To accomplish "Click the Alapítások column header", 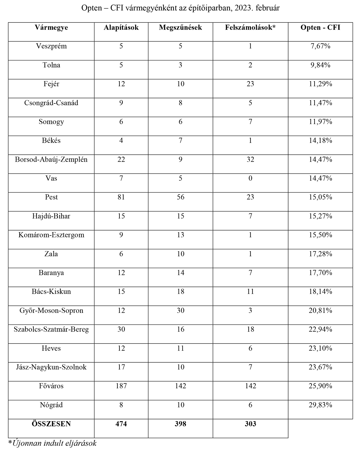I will pyautogui.click(x=121, y=28).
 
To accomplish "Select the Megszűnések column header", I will pyautogui.click(x=180, y=28).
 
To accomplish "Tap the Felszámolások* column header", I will pyautogui.click(x=250, y=28).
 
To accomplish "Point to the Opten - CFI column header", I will pyautogui.click(x=320, y=28).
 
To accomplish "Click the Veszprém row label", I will pyautogui.click(x=51, y=46).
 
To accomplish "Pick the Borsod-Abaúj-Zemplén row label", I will pyautogui.click(x=51, y=160).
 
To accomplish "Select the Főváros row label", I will pyautogui.click(x=51, y=386).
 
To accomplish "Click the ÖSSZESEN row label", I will pyautogui.click(x=51, y=424).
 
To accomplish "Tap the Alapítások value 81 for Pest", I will pyautogui.click(x=121, y=197).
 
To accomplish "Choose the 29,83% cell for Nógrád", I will pyautogui.click(x=320, y=405).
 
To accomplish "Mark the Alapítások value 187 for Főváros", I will pyautogui.click(x=121, y=386).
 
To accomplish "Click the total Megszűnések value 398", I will pyautogui.click(x=180, y=424).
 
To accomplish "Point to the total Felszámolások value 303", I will pyautogui.click(x=250, y=424).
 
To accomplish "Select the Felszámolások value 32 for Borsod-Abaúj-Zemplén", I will pyautogui.click(x=250, y=160).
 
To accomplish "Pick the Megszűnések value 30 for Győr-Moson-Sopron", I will pyautogui.click(x=180, y=311).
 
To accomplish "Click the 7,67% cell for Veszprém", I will pyautogui.click(x=320, y=46).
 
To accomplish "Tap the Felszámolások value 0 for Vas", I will pyautogui.click(x=250, y=179).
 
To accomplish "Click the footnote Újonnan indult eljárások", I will pyautogui.click(x=52, y=443).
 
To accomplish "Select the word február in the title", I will pyautogui.click(x=269, y=8).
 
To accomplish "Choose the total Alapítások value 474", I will pyautogui.click(x=121, y=424).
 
